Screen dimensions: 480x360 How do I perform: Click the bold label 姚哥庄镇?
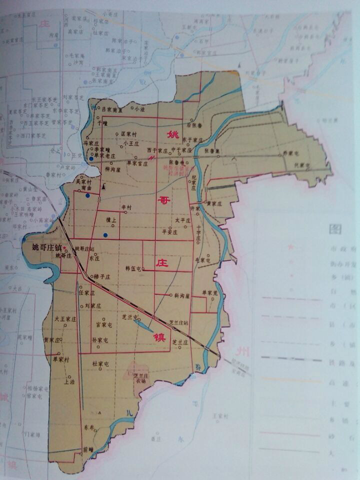coord(46,248)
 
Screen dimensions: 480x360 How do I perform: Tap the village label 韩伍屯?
coord(134,268)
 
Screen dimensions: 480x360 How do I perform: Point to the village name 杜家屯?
coord(100,363)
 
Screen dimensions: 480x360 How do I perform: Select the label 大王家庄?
coord(65,317)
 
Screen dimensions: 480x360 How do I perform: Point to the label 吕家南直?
coord(112,108)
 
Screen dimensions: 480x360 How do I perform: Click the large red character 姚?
coord(173,134)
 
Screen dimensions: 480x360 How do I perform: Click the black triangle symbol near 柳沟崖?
coord(103,187)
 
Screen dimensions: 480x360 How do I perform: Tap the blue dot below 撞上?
coord(105,234)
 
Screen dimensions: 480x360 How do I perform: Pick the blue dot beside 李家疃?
coord(91,158)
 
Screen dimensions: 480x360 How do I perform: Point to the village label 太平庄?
coord(180,220)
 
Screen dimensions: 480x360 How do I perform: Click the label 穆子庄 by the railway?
coord(101,276)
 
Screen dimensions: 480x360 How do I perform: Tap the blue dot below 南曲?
coord(88,196)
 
